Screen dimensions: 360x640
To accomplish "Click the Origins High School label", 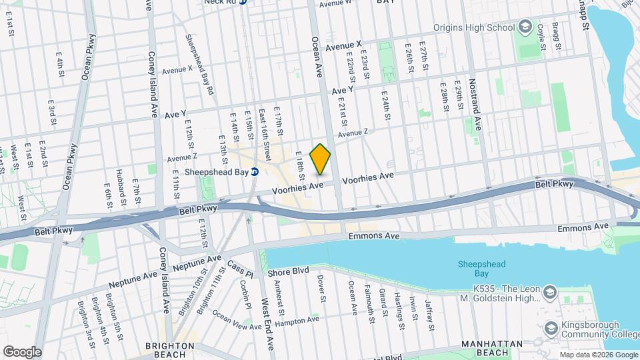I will pos(473,27).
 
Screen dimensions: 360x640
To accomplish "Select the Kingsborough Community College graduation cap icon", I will pos(551,328).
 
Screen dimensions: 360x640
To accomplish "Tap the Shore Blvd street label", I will pos(289,272).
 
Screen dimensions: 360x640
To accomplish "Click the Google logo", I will pos(22,351).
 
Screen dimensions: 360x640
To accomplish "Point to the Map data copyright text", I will pos(598,355).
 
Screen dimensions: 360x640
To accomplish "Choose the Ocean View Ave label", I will pos(237,319).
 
